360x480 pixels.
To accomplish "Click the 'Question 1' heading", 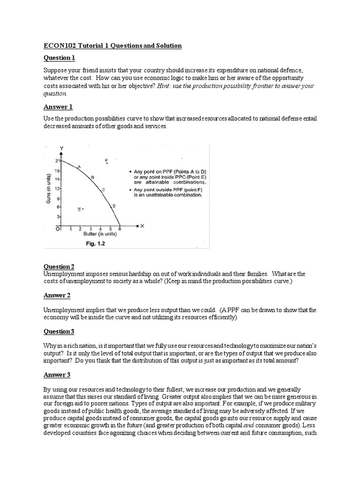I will tap(59, 58).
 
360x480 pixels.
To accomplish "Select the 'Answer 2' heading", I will tap(57, 295).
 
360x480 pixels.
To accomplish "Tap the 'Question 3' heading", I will tap(59, 331).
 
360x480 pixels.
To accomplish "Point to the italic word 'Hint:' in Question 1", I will tap(166, 86).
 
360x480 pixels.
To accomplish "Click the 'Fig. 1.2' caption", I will tap(95, 243).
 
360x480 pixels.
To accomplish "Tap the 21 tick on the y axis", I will tap(57, 161).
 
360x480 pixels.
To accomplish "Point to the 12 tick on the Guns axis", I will tap(57, 188).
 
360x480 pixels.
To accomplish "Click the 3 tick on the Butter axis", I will tap(90, 229).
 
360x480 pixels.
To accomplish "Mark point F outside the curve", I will tap(107, 161).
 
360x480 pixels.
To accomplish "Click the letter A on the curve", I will tap(79, 166).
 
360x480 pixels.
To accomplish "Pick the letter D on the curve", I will tap(114, 206).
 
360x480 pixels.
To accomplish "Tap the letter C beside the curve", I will tap(103, 189).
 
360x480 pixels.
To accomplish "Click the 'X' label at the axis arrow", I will tap(142, 226).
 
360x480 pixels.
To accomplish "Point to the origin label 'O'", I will tap(58, 229).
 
